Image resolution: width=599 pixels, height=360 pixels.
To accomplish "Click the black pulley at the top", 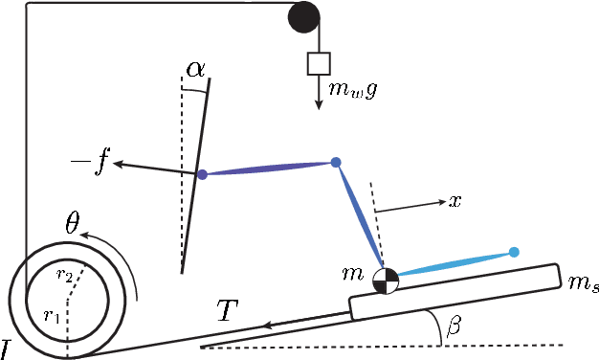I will click(303, 16).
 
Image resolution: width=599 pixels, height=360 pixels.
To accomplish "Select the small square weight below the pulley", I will click(318, 63).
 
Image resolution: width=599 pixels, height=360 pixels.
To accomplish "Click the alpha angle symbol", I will click(195, 67).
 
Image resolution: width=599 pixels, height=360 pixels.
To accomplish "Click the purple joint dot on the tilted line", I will click(202, 174).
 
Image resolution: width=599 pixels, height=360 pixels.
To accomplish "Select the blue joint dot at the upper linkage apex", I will click(336, 163).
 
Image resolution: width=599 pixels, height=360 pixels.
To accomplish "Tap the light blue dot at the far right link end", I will click(514, 252).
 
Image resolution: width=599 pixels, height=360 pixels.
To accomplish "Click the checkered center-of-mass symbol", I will click(385, 280).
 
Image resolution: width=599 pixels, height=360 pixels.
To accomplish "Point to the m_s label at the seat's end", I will click(583, 284).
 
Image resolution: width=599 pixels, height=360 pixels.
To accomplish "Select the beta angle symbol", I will click(455, 327).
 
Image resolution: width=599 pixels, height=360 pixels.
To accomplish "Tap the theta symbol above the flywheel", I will click(72, 224).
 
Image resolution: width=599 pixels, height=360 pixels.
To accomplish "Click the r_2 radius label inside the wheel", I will click(64, 274).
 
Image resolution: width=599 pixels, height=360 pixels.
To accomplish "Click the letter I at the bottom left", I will click(7, 348).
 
